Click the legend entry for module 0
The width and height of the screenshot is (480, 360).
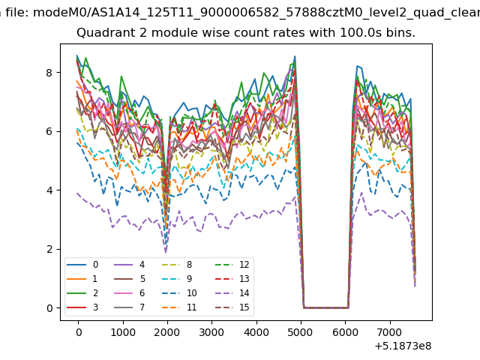click(82, 265)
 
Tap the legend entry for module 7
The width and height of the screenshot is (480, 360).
click(130, 307)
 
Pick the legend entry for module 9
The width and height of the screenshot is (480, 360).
click(177, 278)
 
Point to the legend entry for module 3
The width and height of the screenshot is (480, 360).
click(82, 307)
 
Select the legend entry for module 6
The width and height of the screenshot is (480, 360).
click(130, 293)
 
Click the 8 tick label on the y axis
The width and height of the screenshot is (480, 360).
click(49, 73)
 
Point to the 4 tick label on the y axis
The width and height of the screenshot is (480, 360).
click(49, 190)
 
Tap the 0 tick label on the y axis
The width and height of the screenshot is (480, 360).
click(49, 308)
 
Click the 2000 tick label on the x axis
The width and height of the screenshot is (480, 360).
click(167, 332)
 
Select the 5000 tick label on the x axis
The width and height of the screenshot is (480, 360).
click(300, 332)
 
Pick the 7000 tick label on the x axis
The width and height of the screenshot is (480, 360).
click(389, 332)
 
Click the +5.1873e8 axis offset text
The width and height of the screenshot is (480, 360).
click(403, 346)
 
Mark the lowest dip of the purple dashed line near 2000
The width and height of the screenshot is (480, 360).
click(166, 253)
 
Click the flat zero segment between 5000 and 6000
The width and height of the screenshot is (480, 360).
click(326, 308)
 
